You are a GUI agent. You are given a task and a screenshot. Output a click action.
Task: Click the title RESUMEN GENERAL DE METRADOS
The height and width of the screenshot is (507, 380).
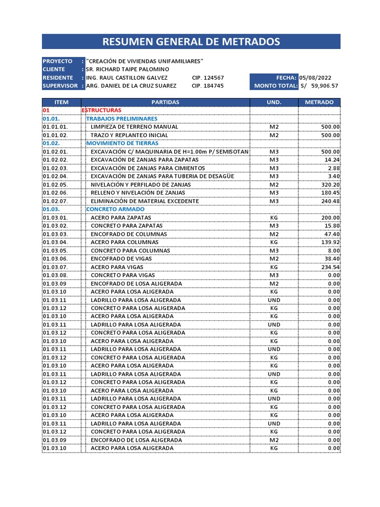(x=191, y=42)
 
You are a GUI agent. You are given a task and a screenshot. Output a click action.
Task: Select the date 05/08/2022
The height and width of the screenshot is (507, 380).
(x=315, y=78)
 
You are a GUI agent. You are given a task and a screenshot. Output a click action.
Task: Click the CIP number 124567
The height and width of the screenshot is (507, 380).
(x=207, y=78)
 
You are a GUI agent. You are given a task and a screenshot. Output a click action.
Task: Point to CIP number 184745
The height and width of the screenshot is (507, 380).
(x=207, y=86)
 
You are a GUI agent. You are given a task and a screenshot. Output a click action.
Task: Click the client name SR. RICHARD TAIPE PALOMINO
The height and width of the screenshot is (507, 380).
(x=127, y=69)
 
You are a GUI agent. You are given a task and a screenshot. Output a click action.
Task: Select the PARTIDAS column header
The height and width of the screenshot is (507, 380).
(x=165, y=102)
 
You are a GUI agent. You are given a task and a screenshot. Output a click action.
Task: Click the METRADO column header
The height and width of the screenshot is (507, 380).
(x=319, y=102)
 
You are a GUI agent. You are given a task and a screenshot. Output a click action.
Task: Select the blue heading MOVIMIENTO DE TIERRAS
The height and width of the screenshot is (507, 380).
(x=122, y=143)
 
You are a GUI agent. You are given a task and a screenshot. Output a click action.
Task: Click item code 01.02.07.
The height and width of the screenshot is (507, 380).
(x=55, y=201)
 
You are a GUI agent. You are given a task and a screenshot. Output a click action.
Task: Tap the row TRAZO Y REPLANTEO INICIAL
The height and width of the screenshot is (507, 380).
(x=129, y=135)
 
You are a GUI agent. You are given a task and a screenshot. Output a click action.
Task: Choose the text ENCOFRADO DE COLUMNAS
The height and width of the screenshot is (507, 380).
(x=129, y=234)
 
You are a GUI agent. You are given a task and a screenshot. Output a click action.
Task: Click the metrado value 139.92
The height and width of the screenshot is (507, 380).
(x=330, y=242)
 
